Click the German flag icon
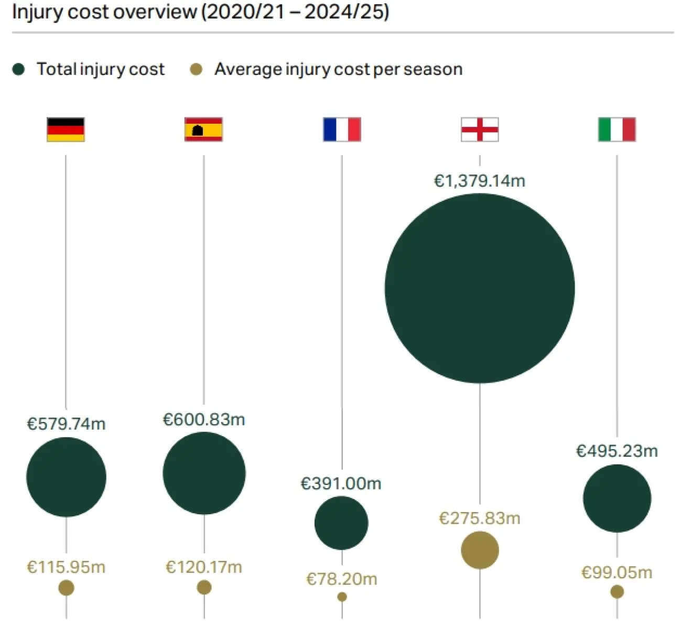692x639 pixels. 66,129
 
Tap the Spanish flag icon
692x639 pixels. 203,129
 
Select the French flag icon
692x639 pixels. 342,129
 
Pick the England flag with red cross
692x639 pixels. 480,129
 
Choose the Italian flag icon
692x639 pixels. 617,129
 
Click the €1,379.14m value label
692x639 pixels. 480,181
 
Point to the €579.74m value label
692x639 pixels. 66,424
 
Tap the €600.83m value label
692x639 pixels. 204,419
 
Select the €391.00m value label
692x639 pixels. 341,483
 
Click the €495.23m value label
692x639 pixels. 617,451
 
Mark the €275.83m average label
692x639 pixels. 480,518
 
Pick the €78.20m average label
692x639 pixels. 342,579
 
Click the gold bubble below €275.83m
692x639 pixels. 480,550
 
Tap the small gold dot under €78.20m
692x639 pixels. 342,597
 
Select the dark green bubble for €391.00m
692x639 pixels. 341,523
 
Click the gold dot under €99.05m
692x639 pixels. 617,592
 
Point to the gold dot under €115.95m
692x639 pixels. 66,588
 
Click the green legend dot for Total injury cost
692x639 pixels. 19,69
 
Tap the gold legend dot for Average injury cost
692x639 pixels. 196,69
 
